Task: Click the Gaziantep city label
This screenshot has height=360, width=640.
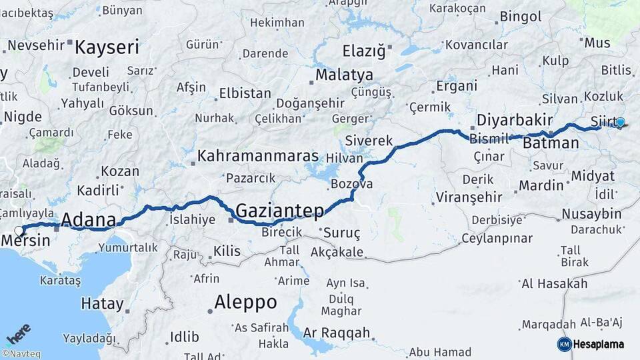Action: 280,211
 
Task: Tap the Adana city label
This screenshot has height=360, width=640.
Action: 88,219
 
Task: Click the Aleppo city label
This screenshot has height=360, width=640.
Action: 245,302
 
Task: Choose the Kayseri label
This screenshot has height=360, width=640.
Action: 107,47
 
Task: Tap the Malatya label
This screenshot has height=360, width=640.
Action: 344,75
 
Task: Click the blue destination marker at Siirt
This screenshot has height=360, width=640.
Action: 621,122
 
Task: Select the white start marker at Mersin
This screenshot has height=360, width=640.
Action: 19,231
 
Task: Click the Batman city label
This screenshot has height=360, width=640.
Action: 551,143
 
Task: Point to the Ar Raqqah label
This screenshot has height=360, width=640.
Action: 336,332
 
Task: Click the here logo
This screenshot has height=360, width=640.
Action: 19,333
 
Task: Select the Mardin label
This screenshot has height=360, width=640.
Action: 541,185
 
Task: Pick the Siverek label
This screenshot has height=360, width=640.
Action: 369,141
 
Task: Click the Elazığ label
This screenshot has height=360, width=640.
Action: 364,51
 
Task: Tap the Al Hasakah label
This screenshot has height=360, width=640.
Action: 554,284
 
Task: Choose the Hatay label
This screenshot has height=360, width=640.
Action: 102,304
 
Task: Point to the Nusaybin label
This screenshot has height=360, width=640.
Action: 591,214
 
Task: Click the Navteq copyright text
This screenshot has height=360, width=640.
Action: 21,354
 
